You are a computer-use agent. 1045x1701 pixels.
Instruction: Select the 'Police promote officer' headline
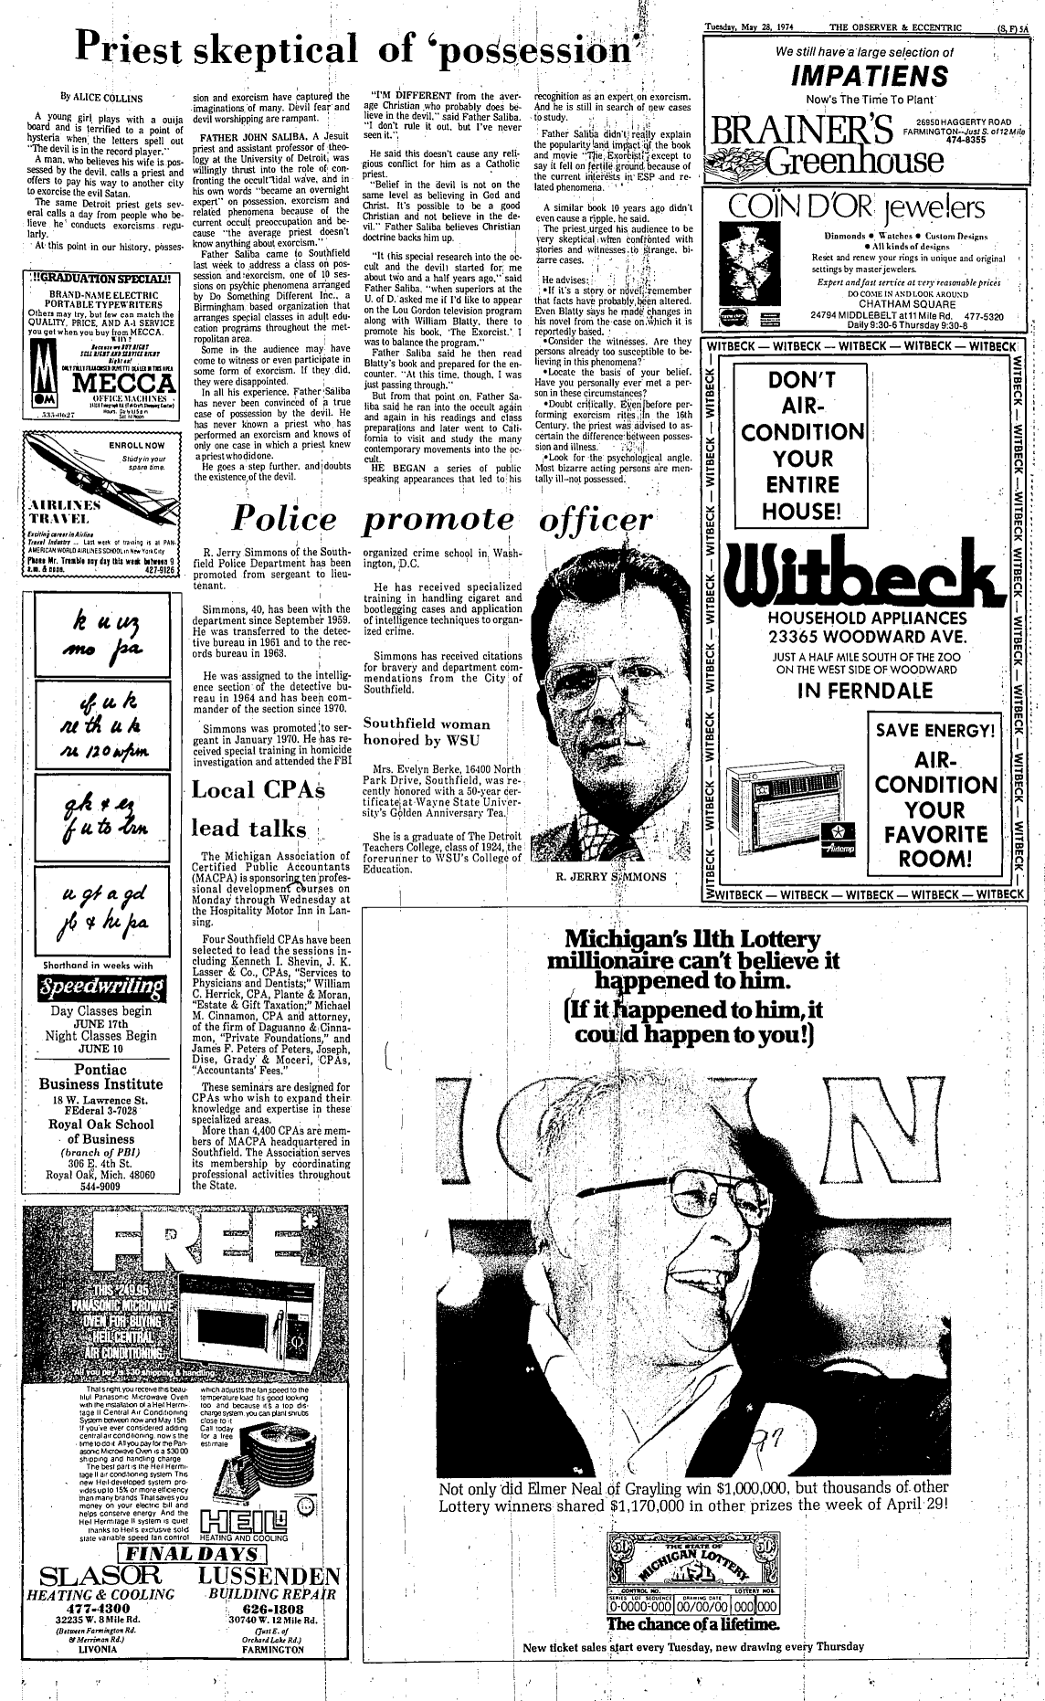point(443,518)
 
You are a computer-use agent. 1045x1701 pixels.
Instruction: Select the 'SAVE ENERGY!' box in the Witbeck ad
point(933,731)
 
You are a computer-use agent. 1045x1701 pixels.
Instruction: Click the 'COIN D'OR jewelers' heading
point(864,208)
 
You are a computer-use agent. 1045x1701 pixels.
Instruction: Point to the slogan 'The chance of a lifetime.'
point(691,1649)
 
